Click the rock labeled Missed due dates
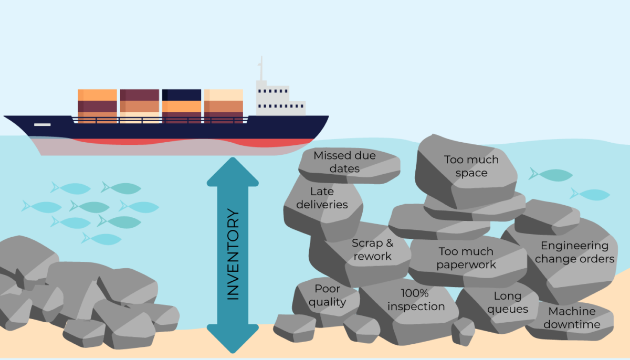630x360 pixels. click(344, 162)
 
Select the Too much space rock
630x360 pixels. click(471, 166)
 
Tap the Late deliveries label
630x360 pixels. click(322, 198)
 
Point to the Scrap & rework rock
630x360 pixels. click(372, 250)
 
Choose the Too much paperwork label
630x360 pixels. click(466, 258)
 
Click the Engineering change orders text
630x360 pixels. click(574, 252)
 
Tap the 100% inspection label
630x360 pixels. click(416, 300)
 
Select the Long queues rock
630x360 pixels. click(507, 303)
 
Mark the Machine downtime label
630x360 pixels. click(571, 317)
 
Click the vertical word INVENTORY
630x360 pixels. click(233, 255)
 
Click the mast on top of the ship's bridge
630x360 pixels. click(261, 68)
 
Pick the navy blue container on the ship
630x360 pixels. click(181, 95)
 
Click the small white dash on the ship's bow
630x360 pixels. click(43, 124)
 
